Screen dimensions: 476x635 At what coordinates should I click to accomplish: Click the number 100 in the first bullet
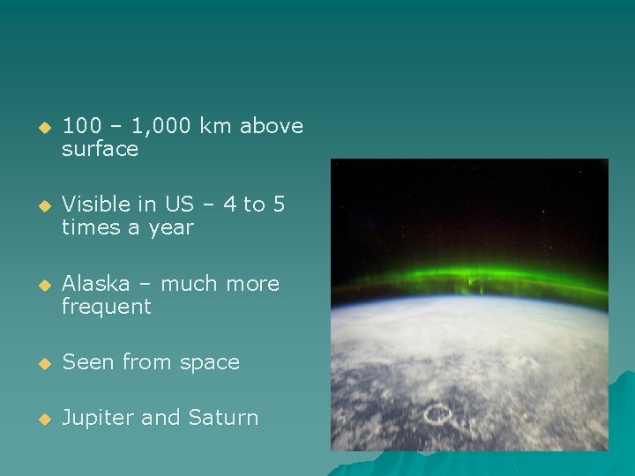[80, 126]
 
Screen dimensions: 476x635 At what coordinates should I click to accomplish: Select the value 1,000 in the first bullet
[161, 126]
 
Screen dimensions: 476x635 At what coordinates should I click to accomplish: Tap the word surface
[100, 149]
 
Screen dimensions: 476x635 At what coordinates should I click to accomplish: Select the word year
[172, 227]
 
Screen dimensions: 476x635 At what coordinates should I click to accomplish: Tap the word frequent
[106, 307]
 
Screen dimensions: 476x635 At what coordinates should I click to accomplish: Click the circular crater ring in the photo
[437, 413]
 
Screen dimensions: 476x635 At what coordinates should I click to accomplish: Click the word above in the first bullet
[272, 126]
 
